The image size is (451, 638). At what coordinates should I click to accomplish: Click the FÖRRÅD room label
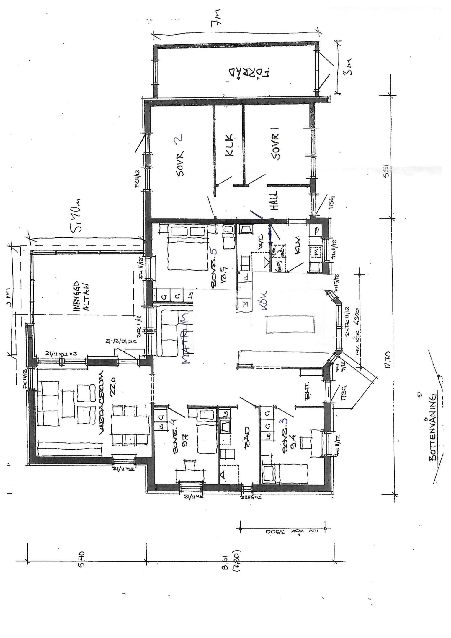[249, 73]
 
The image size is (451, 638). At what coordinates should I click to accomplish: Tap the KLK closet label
[229, 145]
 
